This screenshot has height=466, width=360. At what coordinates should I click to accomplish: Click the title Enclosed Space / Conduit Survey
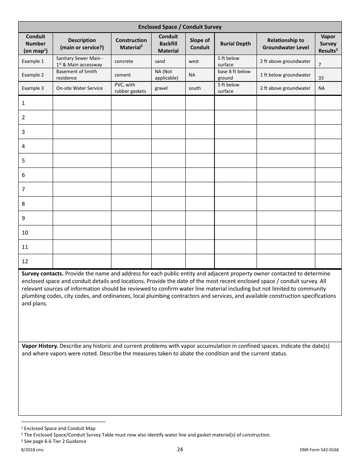point(180,27)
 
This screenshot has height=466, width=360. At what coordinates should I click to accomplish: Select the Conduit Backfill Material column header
point(168,44)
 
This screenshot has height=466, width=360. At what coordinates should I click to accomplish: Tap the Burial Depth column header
point(235,44)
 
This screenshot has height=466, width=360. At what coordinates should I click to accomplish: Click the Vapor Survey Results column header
point(328,44)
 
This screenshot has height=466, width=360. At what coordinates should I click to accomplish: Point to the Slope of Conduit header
point(200,44)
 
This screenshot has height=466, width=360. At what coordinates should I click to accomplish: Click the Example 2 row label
point(33,75)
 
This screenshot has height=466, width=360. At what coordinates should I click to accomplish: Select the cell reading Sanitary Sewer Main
point(80,61)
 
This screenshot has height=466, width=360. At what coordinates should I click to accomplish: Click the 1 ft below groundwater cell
point(285,75)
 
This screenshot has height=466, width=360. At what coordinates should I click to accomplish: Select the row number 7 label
point(23,189)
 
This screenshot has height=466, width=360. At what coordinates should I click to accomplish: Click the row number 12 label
point(25,261)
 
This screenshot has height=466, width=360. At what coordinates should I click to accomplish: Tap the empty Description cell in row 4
point(81,146)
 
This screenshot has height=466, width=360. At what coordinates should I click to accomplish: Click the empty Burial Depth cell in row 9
point(235,218)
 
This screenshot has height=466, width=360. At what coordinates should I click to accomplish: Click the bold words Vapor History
point(40,346)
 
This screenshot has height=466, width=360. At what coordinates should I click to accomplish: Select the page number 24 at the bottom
point(180,450)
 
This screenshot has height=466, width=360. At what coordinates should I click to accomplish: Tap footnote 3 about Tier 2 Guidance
point(54,441)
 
